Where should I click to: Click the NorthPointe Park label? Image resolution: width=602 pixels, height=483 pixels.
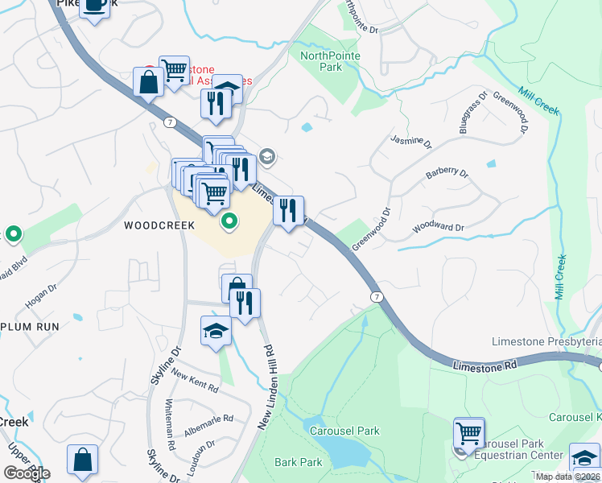click(330, 61)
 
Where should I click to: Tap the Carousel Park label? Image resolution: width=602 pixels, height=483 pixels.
click(344, 431)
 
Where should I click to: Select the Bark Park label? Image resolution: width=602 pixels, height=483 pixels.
click(299, 462)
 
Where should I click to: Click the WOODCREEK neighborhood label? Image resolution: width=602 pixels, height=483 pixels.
click(159, 226)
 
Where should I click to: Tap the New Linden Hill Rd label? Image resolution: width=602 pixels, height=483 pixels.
click(265, 386)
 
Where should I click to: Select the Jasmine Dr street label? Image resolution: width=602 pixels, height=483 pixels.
click(411, 142)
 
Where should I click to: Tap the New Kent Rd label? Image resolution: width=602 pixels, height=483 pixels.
click(194, 382)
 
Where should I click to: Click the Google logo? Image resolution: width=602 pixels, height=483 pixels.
click(27, 473)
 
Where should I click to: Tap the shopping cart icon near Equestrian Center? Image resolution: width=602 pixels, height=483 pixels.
click(468, 432)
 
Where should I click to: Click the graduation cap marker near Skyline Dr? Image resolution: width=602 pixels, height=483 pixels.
click(216, 331)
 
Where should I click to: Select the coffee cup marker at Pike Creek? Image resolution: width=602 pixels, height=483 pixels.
click(94, 7)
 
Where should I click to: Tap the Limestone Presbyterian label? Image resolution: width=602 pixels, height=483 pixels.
click(546, 342)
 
